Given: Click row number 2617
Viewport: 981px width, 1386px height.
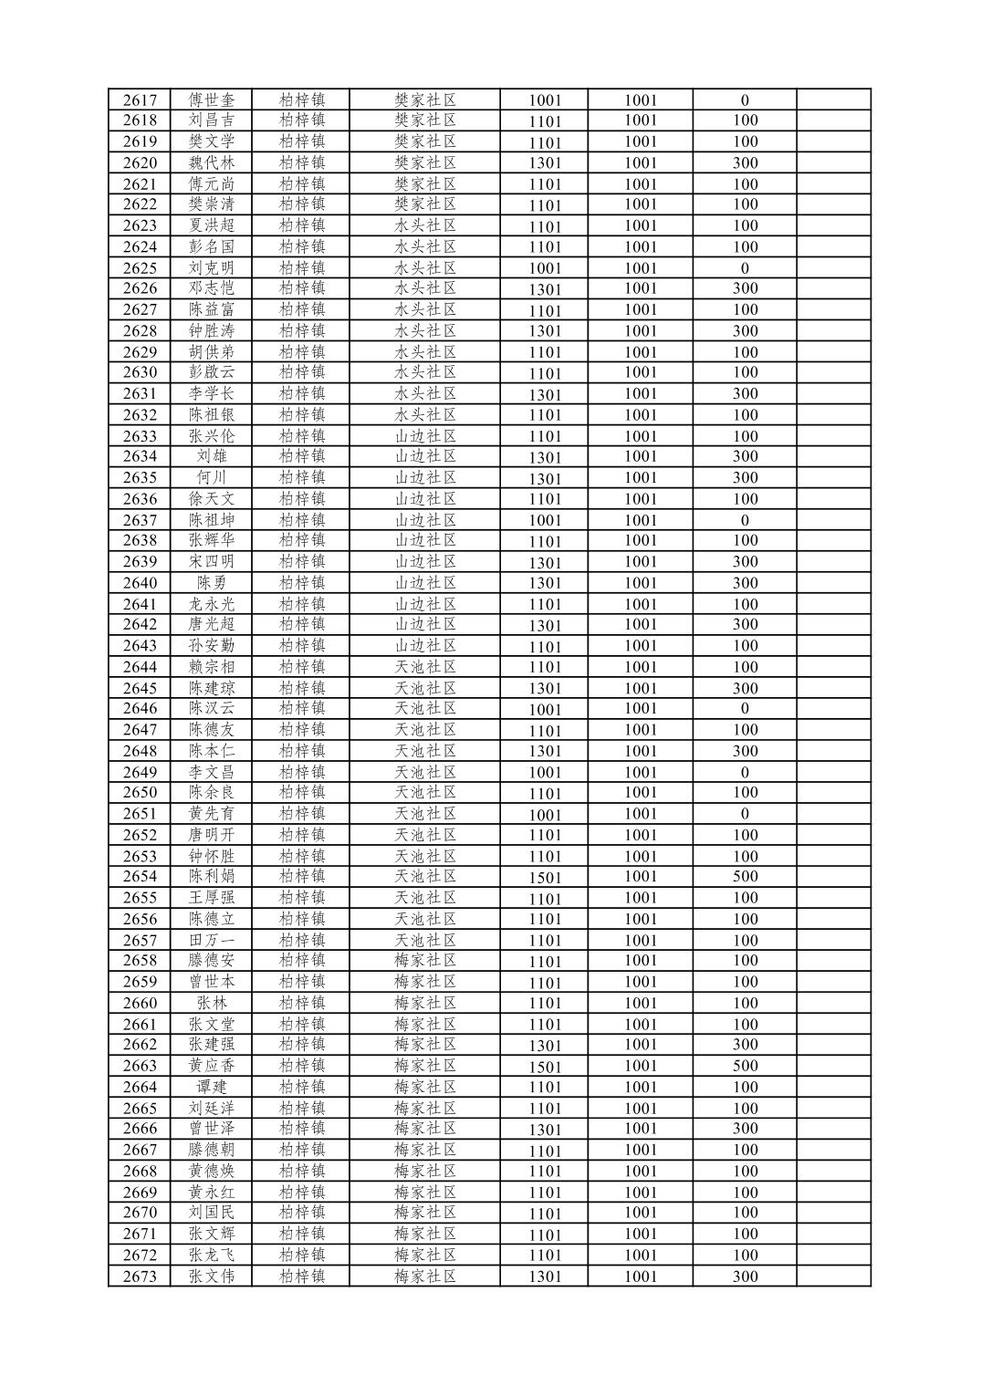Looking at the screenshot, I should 140,100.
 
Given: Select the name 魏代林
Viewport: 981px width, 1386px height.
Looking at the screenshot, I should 212,162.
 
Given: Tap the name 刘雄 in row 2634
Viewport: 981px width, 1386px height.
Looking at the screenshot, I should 212,456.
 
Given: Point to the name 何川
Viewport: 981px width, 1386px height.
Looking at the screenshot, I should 212,477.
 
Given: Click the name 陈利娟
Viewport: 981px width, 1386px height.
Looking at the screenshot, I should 212,876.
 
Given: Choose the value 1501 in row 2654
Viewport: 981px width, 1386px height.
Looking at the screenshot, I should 545,877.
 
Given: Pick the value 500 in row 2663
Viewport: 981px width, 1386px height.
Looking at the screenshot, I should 745,1066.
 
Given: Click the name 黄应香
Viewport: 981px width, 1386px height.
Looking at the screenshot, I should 212,1066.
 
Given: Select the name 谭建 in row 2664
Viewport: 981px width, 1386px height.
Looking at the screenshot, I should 212,1087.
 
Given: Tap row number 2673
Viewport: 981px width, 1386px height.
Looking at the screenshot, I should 140,1277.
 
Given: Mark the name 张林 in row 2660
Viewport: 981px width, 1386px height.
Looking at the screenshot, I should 212,1003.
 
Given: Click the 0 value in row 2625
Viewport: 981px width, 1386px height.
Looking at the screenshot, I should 745,268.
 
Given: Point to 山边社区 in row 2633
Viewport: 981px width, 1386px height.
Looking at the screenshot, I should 425,435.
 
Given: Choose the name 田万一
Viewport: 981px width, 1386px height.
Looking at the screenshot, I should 212,940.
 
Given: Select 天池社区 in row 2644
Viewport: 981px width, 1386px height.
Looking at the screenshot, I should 425,667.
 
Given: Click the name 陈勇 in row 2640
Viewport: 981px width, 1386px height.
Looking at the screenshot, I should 212,583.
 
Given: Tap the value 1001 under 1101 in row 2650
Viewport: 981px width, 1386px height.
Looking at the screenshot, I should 641,792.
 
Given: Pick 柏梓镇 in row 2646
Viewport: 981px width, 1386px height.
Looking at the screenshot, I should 302,708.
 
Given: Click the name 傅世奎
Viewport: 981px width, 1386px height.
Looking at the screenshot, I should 212,100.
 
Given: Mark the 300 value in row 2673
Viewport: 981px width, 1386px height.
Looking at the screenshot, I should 745,1277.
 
